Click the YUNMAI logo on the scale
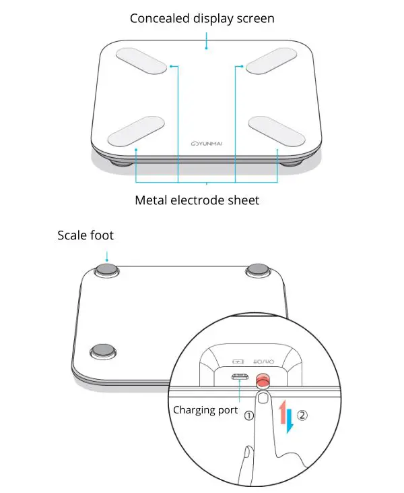pos(209,142)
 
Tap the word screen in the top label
pos(255,18)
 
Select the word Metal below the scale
pos(151,200)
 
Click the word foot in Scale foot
pos(102,235)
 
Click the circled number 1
pos(249,415)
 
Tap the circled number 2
pos(302,415)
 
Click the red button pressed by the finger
pos(263,380)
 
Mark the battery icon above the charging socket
pos(239,361)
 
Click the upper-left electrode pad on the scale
pos(141,63)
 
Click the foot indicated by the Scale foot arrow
pos(106,270)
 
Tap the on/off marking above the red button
pos(264,361)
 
